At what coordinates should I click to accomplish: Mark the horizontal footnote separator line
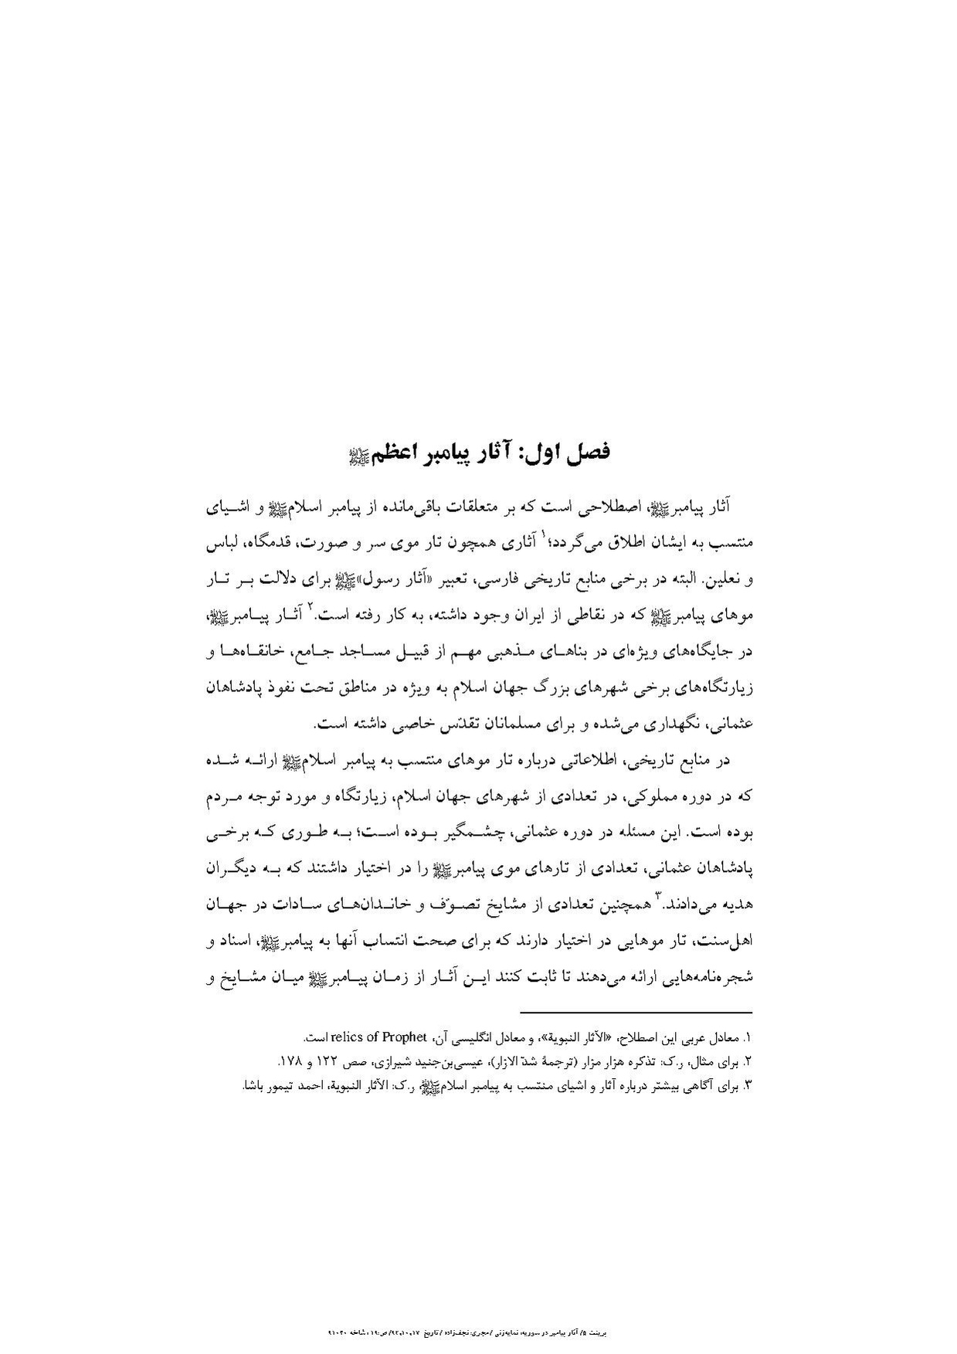[x=636, y=1013]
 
